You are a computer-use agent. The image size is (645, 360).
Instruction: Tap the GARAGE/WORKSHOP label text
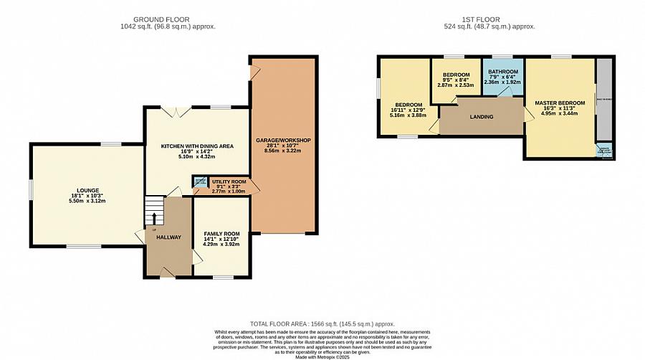click(282, 140)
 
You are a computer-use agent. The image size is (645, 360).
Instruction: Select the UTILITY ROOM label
click(229, 182)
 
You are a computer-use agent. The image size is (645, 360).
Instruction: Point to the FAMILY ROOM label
click(221, 235)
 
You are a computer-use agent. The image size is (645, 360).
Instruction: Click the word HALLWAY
click(168, 237)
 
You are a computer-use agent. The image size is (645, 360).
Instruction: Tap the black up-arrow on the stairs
click(154, 219)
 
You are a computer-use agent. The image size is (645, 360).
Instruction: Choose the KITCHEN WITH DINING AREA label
click(197, 146)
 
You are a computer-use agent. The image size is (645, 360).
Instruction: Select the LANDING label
click(481, 117)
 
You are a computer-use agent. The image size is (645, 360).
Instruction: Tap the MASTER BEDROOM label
click(560, 103)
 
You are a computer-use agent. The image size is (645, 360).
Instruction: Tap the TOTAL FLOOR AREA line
click(322, 324)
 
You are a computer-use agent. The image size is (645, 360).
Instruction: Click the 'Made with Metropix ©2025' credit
click(322, 356)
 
